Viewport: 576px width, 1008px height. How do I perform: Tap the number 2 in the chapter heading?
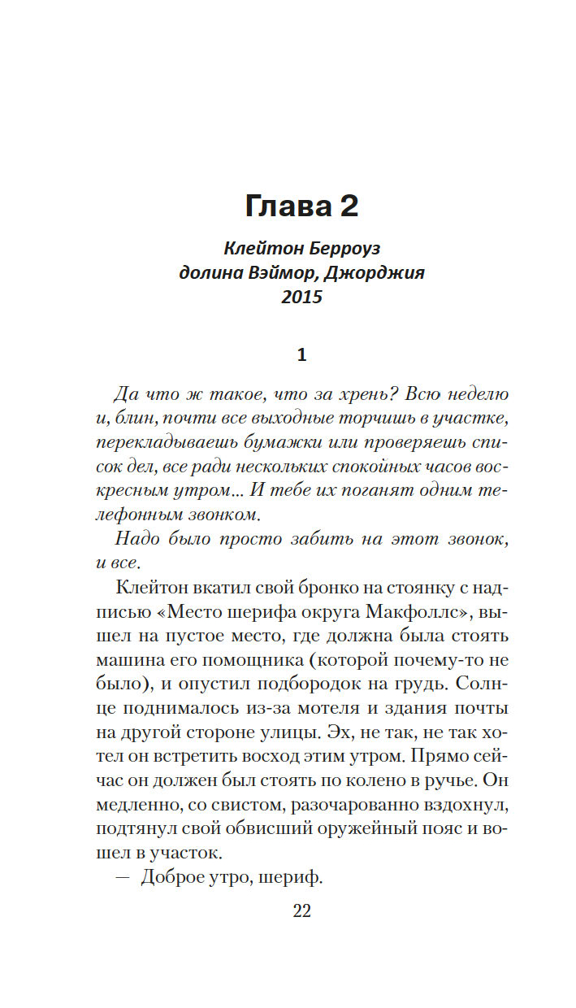[348, 206]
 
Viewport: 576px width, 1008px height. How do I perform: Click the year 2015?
[301, 298]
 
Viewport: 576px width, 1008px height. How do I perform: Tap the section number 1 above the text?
[301, 355]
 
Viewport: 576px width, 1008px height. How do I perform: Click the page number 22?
[301, 910]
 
